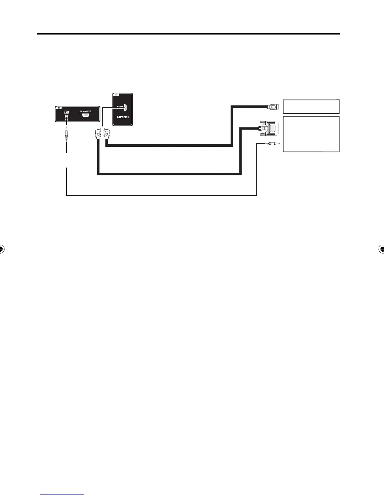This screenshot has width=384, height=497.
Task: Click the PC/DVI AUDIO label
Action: pyautogui.click(x=67, y=112)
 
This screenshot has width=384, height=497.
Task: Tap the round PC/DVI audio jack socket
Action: pyautogui.click(x=67, y=118)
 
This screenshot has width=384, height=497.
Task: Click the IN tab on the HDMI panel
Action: pyautogui.click(x=116, y=95)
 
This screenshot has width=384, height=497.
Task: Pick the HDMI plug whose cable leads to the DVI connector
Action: pyautogui.click(x=98, y=133)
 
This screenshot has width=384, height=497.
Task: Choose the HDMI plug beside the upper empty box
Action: pyautogui.click(x=272, y=107)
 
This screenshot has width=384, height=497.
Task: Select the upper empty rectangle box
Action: pyautogui.click(x=311, y=106)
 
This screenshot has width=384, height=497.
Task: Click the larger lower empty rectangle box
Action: pyautogui.click(x=311, y=134)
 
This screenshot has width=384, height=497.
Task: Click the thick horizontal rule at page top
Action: pyautogui.click(x=188, y=34)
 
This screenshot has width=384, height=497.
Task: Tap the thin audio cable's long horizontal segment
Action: pyautogui.click(x=162, y=195)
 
